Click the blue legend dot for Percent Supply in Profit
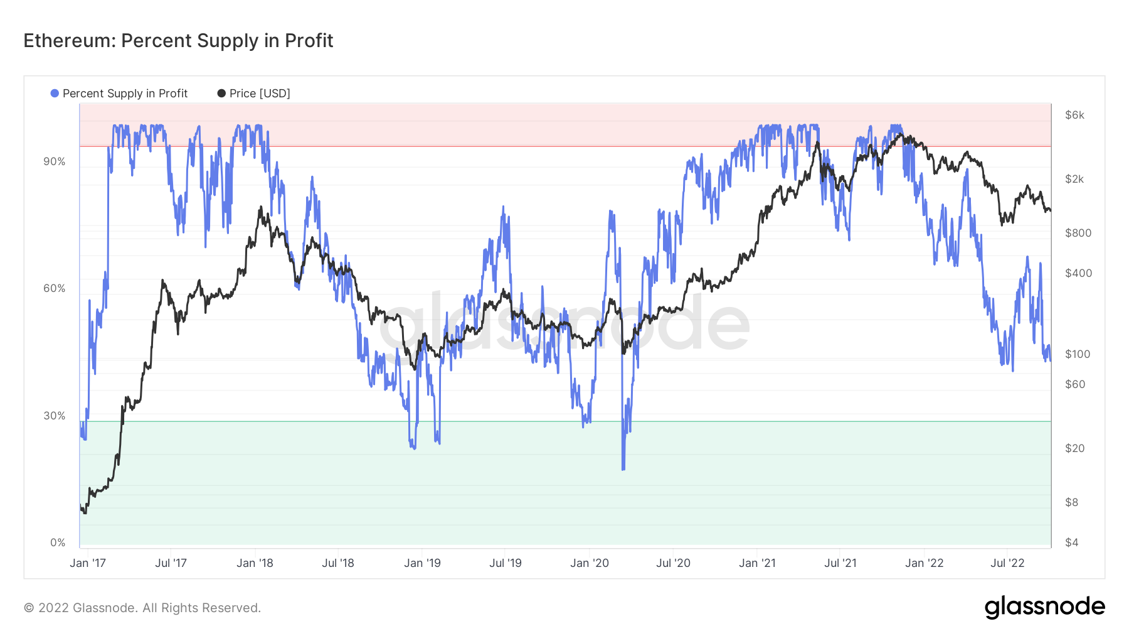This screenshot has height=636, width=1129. click(x=55, y=94)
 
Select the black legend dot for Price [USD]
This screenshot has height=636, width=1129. click(x=221, y=94)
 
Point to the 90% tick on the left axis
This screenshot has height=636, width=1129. click(x=55, y=161)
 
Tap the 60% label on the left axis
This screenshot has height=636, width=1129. click(x=55, y=288)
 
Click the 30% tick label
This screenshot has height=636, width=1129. click(x=55, y=416)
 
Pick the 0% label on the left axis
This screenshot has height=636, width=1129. click(x=58, y=542)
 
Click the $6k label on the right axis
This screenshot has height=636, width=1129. click(x=1074, y=115)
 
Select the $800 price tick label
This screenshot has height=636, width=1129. click(x=1078, y=233)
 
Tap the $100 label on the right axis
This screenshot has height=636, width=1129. click(x=1078, y=354)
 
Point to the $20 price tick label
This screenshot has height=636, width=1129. click(x=1075, y=448)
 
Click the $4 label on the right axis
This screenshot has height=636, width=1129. click(x=1072, y=542)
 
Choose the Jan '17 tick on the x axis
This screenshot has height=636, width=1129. click(x=88, y=563)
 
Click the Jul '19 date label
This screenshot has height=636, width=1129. click(x=506, y=563)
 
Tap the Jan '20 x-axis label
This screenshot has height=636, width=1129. click(x=590, y=563)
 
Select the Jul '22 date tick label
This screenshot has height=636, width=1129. click(x=1007, y=563)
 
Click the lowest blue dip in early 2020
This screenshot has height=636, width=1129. click(x=623, y=468)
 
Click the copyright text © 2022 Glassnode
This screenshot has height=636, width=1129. click(x=142, y=608)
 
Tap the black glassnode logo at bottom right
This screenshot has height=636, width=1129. click(x=1044, y=607)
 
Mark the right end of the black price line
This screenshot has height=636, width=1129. click(x=1050, y=210)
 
